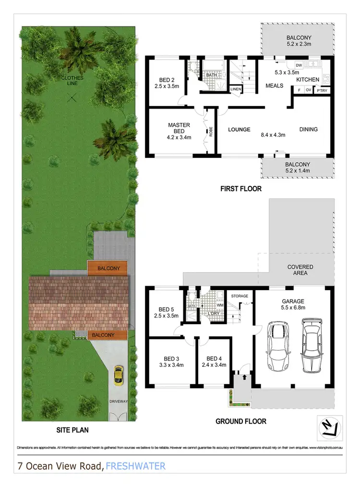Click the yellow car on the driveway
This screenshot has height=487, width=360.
coord(117,375)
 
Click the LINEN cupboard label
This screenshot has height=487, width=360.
coord(235,89)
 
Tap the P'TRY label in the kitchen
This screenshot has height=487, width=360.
coord(321,89)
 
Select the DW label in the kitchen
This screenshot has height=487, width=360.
coord(299,65)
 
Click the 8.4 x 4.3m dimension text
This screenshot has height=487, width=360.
coord(273,135)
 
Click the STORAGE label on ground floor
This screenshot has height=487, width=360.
coord(239,296)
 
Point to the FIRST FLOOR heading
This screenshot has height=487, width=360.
coord(241,189)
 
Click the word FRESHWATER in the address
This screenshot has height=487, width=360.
coord(136,465)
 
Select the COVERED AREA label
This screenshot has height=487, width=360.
coord(300,270)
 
